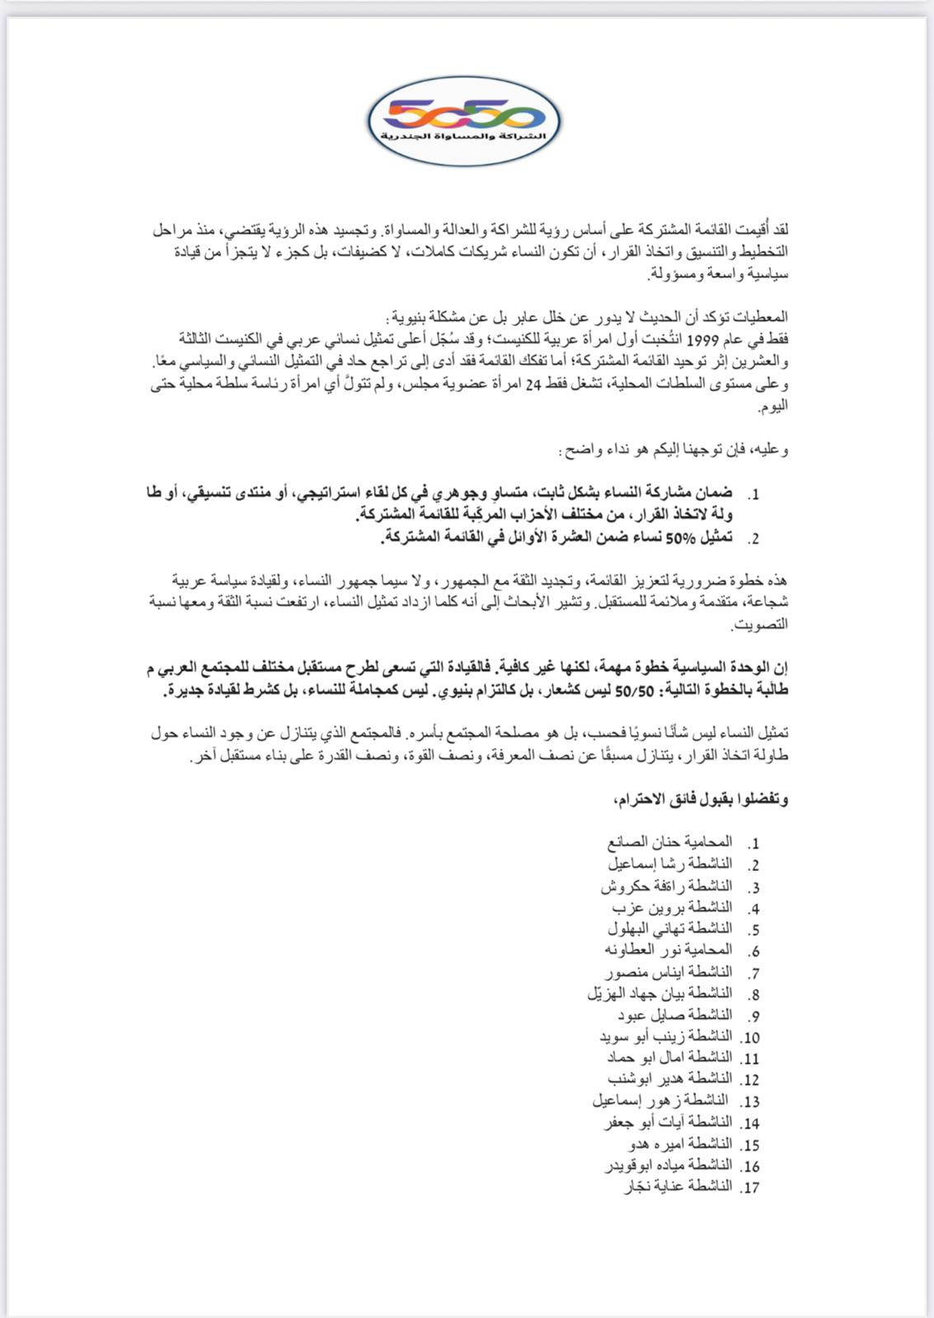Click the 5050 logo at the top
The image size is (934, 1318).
(x=464, y=120)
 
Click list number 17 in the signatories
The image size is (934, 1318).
(x=749, y=1188)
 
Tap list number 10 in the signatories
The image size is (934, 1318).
(x=749, y=1037)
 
